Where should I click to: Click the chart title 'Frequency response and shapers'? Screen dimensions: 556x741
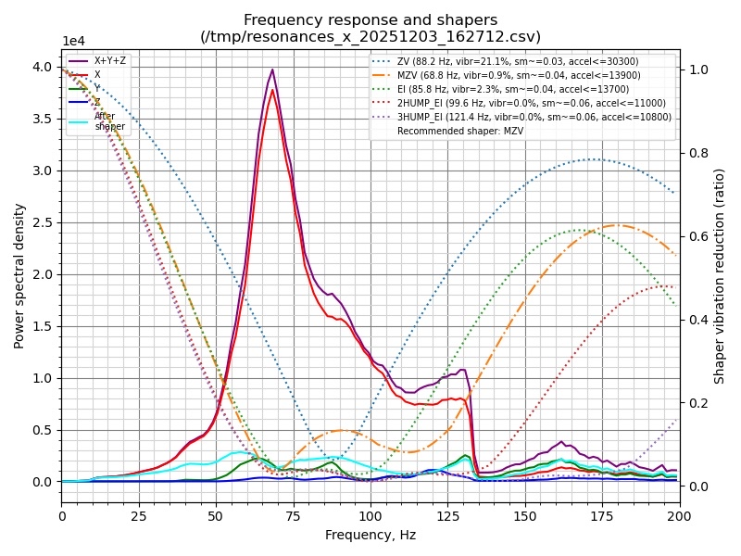click(370, 20)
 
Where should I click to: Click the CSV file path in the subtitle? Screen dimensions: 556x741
click(370, 37)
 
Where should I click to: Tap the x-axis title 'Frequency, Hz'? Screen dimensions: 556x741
click(370, 535)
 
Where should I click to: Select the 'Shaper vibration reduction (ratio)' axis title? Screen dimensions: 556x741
click(720, 275)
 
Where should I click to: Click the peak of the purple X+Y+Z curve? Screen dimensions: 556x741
click(272, 69)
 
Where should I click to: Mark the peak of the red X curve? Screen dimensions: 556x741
click(272, 89)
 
